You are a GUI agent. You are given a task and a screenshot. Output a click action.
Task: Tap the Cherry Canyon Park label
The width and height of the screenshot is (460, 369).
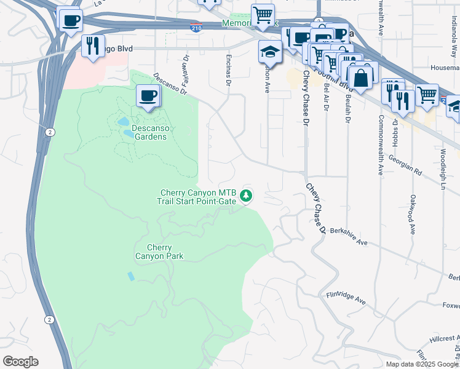(x=159, y=252)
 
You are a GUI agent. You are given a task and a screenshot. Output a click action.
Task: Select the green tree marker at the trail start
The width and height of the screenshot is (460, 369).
(x=247, y=196)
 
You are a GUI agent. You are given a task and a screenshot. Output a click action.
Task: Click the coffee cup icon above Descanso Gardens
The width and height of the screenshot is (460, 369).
(x=148, y=97)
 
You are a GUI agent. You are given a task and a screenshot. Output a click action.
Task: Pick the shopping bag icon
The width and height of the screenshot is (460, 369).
(x=360, y=77)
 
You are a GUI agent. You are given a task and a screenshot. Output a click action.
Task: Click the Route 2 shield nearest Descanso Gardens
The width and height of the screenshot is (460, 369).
(x=49, y=132)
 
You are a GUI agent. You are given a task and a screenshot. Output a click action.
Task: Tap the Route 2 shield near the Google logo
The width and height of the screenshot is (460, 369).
(x=49, y=319)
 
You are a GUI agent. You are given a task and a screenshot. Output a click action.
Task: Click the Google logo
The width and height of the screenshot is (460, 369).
(x=20, y=362)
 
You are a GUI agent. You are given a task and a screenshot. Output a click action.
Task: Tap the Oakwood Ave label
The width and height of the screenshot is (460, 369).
(x=412, y=215)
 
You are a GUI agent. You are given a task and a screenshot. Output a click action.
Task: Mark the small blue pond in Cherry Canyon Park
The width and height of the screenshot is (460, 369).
(x=130, y=276)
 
